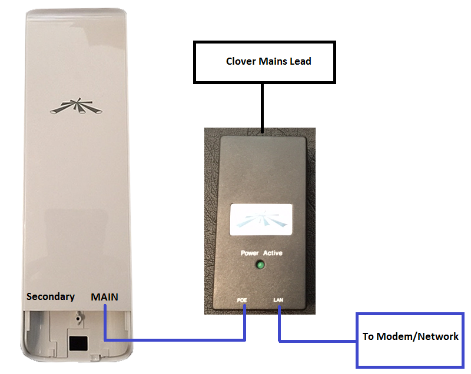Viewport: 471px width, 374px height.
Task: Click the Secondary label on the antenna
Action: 51,296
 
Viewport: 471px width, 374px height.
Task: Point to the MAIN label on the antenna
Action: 104,297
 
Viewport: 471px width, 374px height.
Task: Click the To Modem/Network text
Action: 410,336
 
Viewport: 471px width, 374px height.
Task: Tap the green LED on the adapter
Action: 261,265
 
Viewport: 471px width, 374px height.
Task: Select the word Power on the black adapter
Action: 250,253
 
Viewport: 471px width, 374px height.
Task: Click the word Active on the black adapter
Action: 272,253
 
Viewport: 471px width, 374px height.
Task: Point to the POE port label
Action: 241,300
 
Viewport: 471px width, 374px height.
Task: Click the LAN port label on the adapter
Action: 279,300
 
